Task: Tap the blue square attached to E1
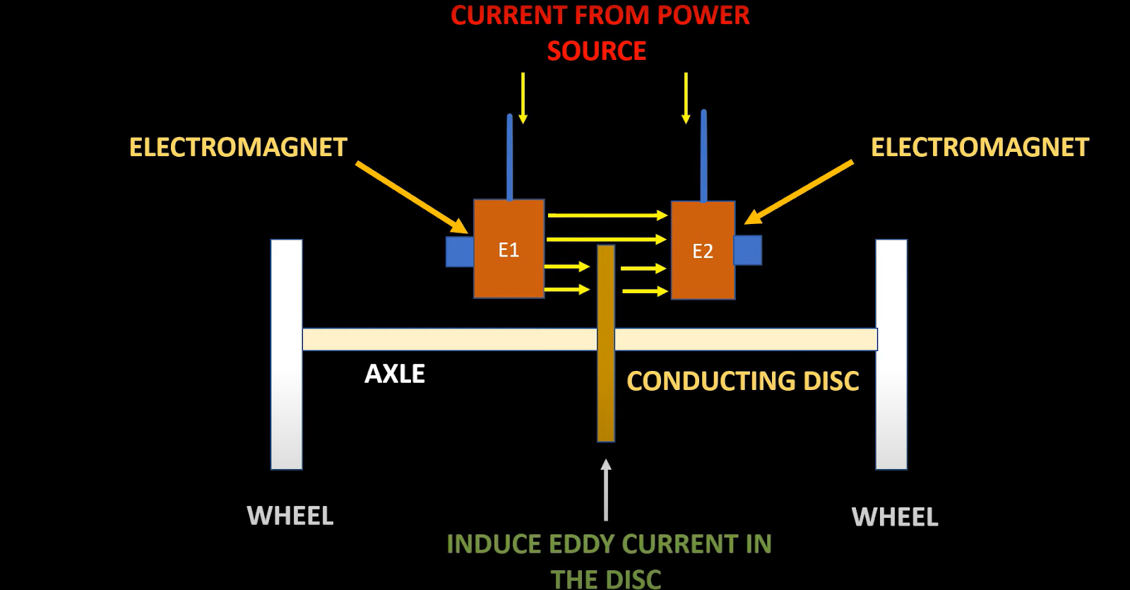click(x=460, y=252)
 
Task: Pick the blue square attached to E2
click(x=748, y=250)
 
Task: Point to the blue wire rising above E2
click(x=703, y=155)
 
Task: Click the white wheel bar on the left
click(x=287, y=354)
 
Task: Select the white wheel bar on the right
click(x=891, y=354)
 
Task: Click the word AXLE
click(x=395, y=374)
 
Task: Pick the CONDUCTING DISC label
click(x=742, y=381)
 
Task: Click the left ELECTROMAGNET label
click(x=238, y=147)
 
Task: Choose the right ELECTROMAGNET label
click(x=980, y=147)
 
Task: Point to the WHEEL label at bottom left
click(x=290, y=516)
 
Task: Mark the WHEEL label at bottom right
click(x=895, y=517)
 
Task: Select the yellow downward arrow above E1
click(x=523, y=98)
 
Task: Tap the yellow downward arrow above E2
click(x=686, y=98)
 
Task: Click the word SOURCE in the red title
click(x=597, y=51)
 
